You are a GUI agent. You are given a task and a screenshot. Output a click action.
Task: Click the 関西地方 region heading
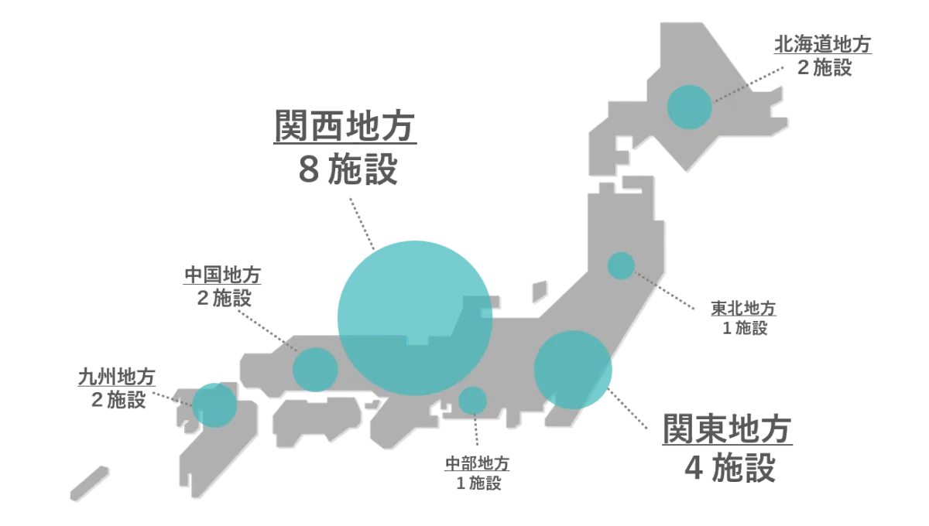pos(345,125)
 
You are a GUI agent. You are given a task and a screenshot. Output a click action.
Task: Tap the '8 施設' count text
pos(348,169)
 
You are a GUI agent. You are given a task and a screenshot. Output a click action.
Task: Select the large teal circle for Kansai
pos(415,318)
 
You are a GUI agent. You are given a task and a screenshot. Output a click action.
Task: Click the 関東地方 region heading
pos(728,429)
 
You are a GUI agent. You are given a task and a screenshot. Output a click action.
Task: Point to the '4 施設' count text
pos(730,467)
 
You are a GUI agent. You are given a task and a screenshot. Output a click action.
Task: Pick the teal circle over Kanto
pos(573,370)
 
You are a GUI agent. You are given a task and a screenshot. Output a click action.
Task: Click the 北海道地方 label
pos(823,44)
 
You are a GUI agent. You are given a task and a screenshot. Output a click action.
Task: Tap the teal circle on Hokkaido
pos(689,107)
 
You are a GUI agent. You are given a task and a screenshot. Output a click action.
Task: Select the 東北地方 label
pos(744,309)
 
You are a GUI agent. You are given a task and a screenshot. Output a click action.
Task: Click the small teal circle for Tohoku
pos(621,265)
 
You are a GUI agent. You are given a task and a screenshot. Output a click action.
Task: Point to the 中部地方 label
pos(478,464)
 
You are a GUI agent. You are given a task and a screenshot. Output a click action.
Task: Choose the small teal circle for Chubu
pos(472,401)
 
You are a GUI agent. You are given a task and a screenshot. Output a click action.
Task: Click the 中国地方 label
pos(222,275)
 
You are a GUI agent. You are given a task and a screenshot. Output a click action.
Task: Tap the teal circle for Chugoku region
pos(315,370)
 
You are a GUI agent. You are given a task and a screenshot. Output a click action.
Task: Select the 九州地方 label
pos(117,377)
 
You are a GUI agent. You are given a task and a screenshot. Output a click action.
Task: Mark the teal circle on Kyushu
pos(214,405)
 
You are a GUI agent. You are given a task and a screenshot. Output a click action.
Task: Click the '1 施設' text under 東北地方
pos(746,328)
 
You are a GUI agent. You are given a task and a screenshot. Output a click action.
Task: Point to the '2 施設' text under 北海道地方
pos(824,67)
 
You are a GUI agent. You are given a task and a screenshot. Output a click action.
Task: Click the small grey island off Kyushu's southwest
pos(89,483)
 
